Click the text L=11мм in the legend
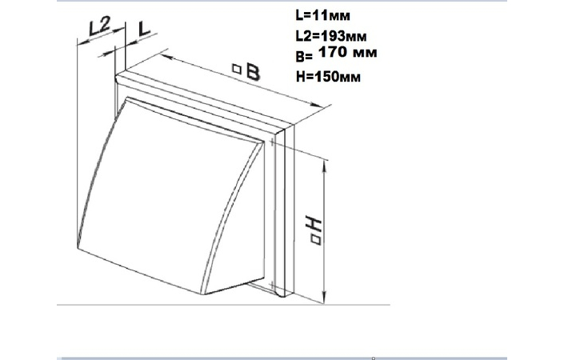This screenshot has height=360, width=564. click(x=322, y=15)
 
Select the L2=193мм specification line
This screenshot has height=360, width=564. click(x=331, y=36)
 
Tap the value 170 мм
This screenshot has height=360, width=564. click(x=348, y=52)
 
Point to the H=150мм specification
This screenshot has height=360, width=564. click(x=328, y=77)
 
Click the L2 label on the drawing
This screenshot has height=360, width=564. click(x=100, y=26)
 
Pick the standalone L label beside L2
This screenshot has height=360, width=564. click(x=144, y=29)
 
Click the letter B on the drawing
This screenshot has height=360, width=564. click(x=253, y=72)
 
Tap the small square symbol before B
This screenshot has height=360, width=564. click(x=236, y=69)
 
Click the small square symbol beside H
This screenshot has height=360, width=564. click(x=315, y=240)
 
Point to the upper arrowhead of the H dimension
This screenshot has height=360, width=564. click(x=325, y=166)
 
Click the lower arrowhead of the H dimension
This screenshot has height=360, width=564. click(x=325, y=297)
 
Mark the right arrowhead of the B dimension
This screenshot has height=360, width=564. click(x=317, y=105)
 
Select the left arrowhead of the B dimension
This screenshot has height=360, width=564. click(x=166, y=57)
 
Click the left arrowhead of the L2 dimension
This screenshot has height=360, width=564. click(x=83, y=42)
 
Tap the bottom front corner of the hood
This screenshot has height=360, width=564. click(x=202, y=294)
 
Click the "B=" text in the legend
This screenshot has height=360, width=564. click(x=304, y=57)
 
